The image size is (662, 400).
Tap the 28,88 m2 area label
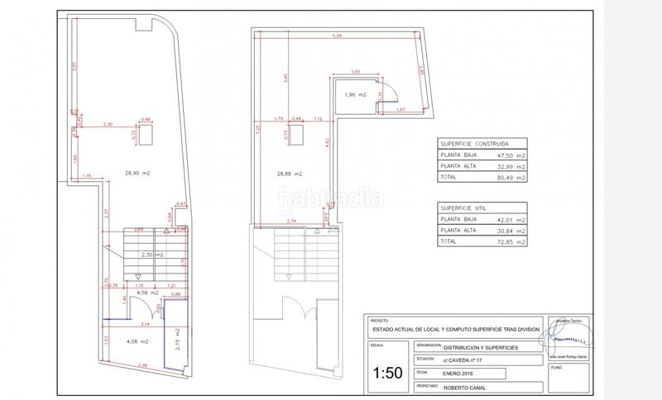(290, 174)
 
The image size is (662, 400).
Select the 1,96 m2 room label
(354, 96)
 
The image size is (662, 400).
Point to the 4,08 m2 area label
(137, 341)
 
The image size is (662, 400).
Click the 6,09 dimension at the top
(337, 36)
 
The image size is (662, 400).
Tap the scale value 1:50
(391, 372)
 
